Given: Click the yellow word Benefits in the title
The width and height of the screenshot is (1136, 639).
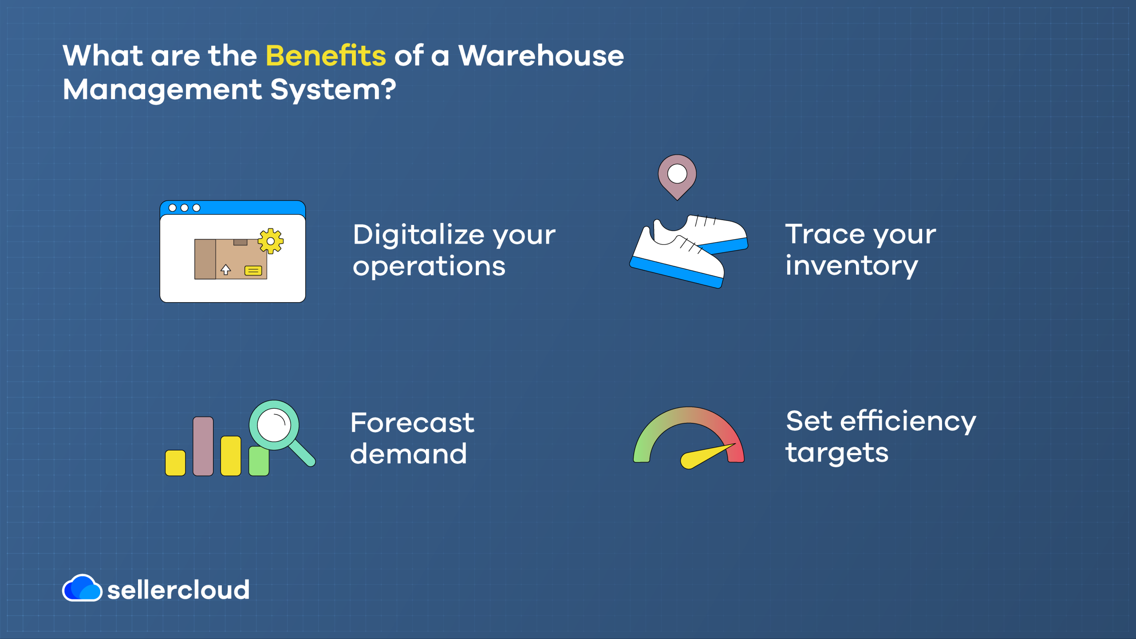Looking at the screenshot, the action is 326,56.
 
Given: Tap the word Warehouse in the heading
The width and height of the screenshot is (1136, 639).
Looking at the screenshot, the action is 541,56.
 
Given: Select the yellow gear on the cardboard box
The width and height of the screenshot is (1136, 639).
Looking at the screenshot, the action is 271,241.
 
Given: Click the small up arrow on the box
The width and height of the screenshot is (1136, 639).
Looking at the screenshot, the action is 226,269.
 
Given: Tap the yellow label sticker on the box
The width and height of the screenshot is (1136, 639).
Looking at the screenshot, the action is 253,271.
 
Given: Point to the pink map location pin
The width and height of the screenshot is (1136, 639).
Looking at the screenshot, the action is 677,177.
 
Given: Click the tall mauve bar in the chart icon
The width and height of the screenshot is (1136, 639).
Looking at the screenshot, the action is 203,446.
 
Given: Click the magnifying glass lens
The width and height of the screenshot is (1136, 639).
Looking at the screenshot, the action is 274,425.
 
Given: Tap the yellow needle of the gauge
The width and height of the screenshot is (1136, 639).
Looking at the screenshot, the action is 706,456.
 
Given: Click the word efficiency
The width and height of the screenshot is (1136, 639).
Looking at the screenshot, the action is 908,421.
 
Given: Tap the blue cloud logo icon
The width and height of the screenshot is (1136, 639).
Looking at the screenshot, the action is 82,588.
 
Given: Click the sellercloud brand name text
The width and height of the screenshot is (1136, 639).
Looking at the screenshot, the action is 178,590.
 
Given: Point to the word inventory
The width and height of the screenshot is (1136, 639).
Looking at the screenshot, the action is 852,266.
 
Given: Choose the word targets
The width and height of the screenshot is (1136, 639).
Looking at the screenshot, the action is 837,454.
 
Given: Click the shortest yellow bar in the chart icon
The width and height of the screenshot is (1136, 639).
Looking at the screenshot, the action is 175,463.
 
